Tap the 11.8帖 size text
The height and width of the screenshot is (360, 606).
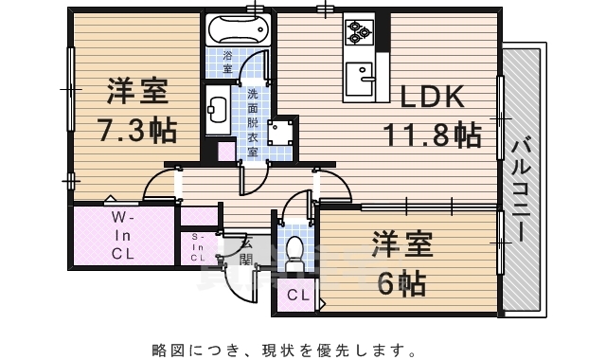(x=431, y=135)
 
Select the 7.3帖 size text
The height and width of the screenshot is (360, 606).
(x=138, y=129)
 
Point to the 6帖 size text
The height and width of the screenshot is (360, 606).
(x=399, y=281)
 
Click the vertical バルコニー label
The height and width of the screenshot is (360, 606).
(x=521, y=189)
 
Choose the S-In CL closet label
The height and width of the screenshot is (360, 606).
(x=198, y=246)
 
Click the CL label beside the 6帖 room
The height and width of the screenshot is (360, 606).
(x=298, y=296)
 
